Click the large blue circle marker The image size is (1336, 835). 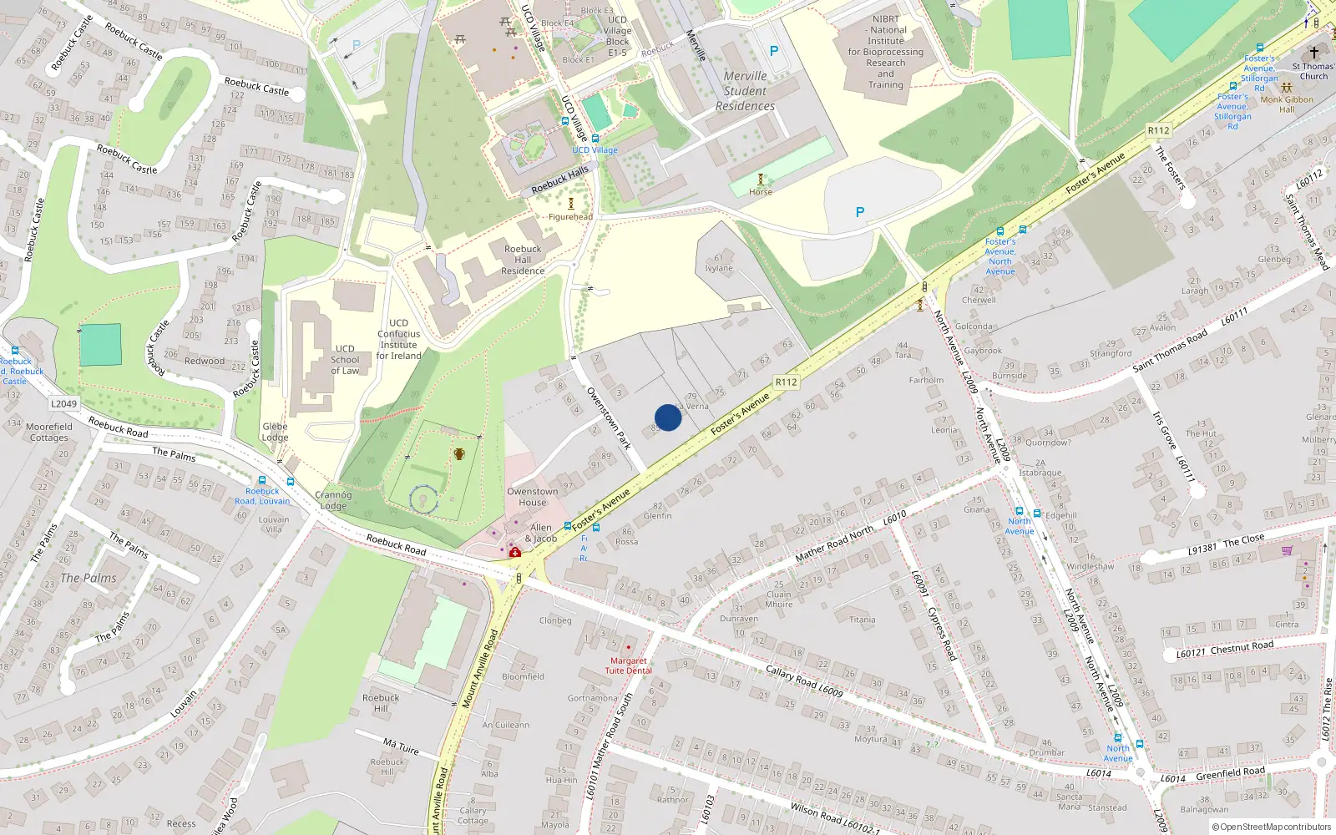668,417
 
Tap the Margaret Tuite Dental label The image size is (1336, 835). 628,665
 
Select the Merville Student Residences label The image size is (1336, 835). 745,91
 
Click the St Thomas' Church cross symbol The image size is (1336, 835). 1313,52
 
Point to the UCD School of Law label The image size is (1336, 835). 345,360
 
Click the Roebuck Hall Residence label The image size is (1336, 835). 523,260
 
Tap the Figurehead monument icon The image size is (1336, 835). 571,204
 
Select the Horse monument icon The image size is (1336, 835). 760,180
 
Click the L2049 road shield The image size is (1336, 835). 64,404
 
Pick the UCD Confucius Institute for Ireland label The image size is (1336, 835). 398,339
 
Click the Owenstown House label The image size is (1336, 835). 532,497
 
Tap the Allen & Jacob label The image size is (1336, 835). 541,533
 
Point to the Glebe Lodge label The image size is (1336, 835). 275,432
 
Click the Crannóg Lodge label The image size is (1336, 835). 333,500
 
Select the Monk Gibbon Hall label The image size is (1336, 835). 1287,104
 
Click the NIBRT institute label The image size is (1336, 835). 886,52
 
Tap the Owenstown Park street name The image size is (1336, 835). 608,418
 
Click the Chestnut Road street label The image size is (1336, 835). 1242,646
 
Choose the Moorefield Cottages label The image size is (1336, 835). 49,432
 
